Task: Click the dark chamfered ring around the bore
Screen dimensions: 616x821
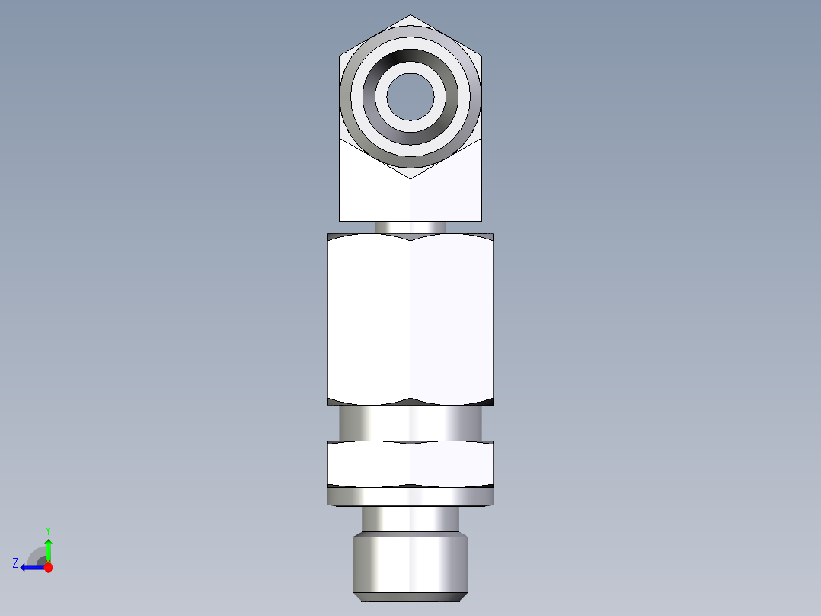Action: point(410,60)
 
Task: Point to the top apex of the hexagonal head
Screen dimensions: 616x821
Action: point(410,16)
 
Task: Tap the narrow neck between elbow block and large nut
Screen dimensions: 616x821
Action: point(410,227)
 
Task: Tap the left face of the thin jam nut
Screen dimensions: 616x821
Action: point(369,464)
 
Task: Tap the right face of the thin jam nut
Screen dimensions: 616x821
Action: point(452,464)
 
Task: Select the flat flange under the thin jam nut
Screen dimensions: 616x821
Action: point(410,497)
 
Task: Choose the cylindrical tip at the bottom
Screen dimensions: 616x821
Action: point(410,564)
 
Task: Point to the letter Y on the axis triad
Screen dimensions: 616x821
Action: point(47,529)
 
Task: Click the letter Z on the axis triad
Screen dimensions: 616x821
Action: point(15,563)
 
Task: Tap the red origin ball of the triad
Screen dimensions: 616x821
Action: point(48,567)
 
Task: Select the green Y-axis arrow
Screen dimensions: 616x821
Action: point(48,549)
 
